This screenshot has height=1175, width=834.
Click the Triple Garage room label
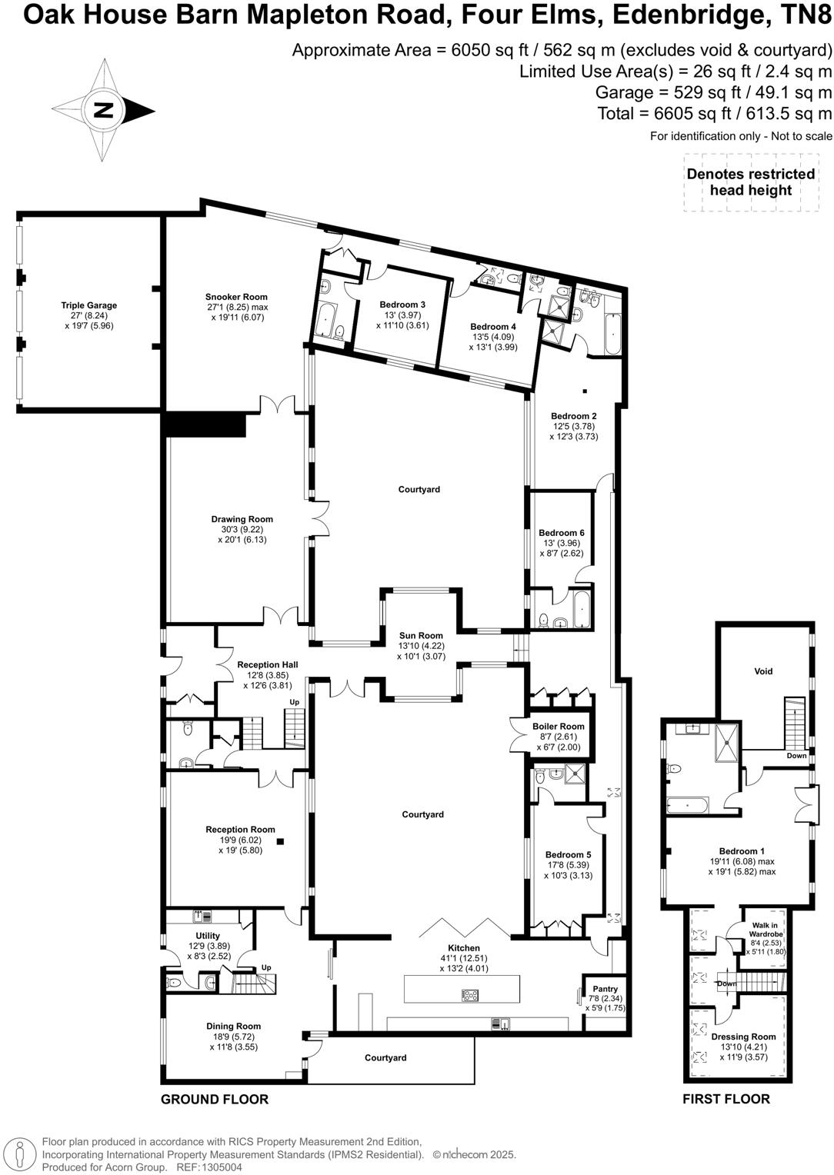point(89,305)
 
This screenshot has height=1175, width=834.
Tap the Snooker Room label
point(236,297)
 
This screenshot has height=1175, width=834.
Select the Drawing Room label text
point(242,519)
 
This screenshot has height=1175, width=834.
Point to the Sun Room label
point(421,635)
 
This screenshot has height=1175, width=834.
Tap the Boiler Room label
point(558,726)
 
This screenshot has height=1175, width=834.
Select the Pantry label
point(605,989)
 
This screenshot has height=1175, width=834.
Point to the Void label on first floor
point(762,671)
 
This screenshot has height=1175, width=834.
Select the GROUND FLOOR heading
point(215,1099)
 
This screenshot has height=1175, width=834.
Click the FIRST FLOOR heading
point(726,1099)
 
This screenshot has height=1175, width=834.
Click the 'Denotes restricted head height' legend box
point(750,182)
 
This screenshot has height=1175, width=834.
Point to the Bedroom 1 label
point(742,851)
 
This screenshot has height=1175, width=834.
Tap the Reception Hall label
point(267,664)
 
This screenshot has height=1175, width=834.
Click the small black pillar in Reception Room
point(282,841)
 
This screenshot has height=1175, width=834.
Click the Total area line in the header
point(715,114)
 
